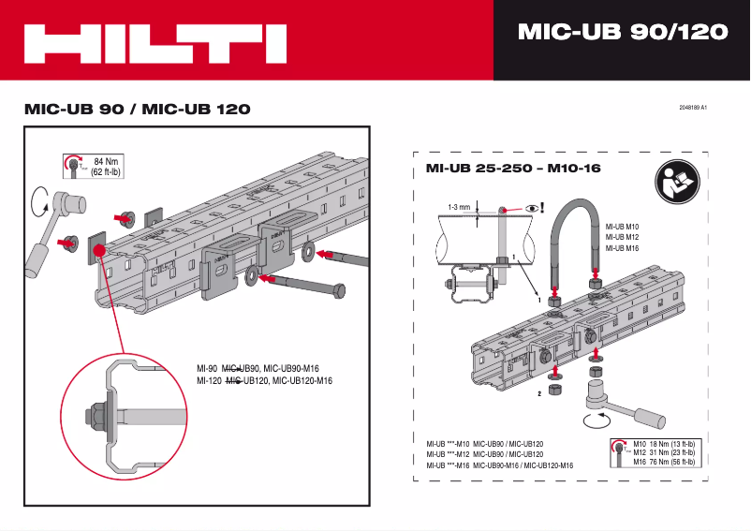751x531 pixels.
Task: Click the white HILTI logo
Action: tap(155, 43)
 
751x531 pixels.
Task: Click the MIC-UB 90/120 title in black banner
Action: tap(622, 32)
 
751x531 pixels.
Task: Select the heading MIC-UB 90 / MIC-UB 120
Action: tap(137, 109)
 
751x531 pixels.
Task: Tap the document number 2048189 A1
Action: tap(692, 108)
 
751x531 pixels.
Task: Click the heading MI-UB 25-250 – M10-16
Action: tap(507, 169)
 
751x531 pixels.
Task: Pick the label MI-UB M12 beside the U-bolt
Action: tap(622, 237)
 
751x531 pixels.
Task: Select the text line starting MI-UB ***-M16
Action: tap(499, 465)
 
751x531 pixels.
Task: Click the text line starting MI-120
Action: tap(265, 381)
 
